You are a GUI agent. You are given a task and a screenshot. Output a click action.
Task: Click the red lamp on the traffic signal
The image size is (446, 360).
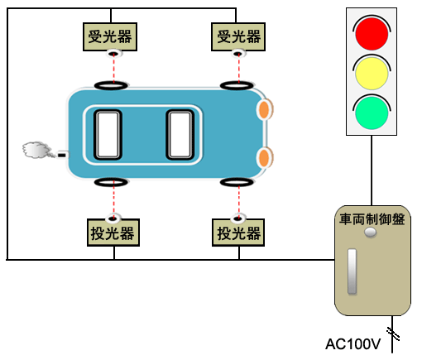pyautogui.click(x=372, y=34)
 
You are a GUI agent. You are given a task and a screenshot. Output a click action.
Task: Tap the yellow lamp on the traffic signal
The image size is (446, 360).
pyautogui.click(x=372, y=73)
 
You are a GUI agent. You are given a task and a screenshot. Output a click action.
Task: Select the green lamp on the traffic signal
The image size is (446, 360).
pyautogui.click(x=372, y=113)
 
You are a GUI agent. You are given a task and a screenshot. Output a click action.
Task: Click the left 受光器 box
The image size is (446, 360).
pyautogui.click(x=110, y=36)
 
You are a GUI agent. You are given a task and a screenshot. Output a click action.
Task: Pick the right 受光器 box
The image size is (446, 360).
pyautogui.click(x=238, y=36)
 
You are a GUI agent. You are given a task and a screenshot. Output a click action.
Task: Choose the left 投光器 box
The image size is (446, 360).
pyautogui.click(x=113, y=233)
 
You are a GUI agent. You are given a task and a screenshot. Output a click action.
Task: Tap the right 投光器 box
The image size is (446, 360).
pyautogui.click(x=238, y=233)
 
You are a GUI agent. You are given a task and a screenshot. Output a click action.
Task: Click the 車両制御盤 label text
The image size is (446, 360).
pyautogui.click(x=372, y=219)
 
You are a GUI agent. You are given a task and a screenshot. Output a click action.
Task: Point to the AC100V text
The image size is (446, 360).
pyautogui.click(x=353, y=344)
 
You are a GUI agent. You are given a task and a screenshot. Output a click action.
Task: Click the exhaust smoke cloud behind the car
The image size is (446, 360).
pyautogui.click(x=36, y=150)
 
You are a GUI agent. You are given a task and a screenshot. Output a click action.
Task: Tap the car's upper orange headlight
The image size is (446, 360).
pyautogui.click(x=265, y=109)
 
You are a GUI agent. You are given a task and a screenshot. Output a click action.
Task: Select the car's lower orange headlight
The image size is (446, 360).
pyautogui.click(x=265, y=157)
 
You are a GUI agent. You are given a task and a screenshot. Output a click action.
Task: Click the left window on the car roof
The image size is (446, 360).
pyautogui.click(x=108, y=135)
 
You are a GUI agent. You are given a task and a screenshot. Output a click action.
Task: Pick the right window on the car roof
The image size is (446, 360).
pyautogui.click(x=180, y=135)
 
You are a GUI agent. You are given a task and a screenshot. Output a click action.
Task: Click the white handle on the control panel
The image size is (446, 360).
pyautogui.click(x=352, y=271)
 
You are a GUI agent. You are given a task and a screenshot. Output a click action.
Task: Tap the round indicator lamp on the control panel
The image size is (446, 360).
pyautogui.click(x=371, y=233)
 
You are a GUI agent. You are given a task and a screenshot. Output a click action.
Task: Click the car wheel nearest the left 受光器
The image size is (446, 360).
pyautogui.click(x=111, y=85)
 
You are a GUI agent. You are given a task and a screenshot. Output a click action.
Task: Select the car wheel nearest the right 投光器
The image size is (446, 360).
pyautogui.click(x=237, y=182)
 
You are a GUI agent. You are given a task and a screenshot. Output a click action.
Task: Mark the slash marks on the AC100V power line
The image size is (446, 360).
pyautogui.click(x=393, y=334)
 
